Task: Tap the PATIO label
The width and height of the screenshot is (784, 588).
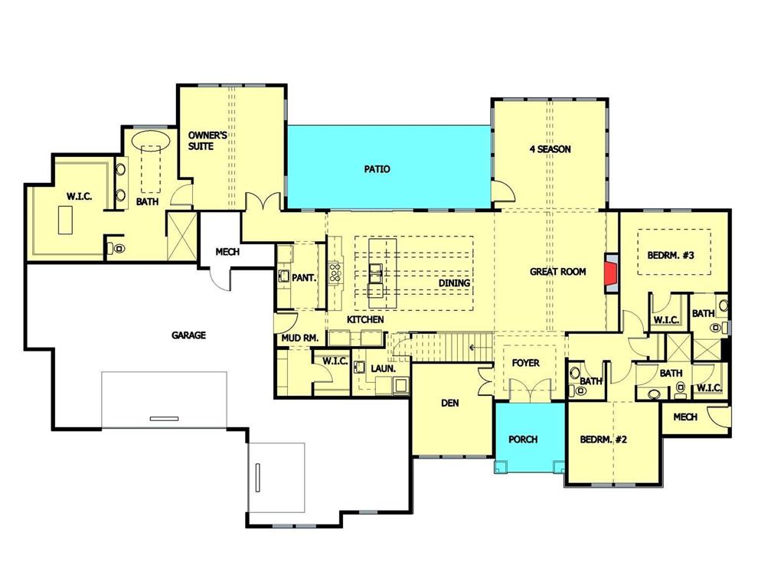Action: pos(377,169)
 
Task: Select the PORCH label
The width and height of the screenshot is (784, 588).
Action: pos(523,439)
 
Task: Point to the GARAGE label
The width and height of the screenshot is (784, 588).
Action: pos(188,335)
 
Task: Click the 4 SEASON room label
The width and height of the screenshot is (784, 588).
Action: pos(550,149)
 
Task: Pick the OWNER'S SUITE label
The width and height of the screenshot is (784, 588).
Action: pos(207,140)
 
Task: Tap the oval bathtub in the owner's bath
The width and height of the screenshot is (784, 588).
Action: pos(151,142)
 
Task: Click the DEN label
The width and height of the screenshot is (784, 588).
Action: pos(449,403)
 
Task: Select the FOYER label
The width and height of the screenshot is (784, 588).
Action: pos(525,363)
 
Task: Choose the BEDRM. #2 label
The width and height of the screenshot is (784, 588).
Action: pos(603,439)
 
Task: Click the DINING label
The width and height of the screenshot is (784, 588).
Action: pos(454,283)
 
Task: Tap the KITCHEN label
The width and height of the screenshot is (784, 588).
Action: pos(365,319)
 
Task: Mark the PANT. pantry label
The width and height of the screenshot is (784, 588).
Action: pos(304,278)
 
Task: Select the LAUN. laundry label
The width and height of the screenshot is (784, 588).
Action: pos(383,368)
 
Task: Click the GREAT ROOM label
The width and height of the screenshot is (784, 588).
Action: pos(558,272)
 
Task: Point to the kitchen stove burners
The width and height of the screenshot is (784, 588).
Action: pos(335,273)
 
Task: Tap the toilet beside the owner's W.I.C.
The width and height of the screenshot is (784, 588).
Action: pos(116,248)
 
